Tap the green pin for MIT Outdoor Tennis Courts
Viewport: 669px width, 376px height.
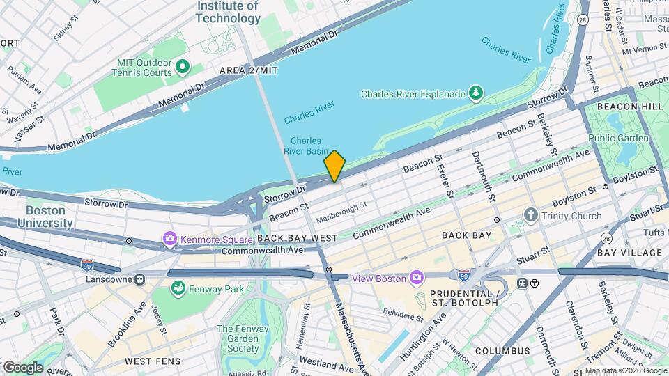coord(183,67)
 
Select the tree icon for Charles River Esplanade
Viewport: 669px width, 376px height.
coord(476,93)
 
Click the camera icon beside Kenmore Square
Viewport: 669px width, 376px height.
coord(170,240)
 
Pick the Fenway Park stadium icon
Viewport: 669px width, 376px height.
coord(179,288)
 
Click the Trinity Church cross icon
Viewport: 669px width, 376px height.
coord(532,215)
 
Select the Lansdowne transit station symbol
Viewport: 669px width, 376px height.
coord(140,280)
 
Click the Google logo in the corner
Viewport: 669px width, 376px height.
coord(22,367)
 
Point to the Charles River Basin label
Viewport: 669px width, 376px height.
coord(305,145)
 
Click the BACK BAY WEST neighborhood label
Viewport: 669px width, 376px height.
coord(298,238)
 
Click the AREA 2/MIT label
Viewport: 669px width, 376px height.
coord(249,70)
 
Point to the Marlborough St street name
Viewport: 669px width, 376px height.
coord(341,212)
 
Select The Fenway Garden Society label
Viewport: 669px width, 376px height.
coord(243,339)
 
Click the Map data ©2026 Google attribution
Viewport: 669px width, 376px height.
coord(625,370)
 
